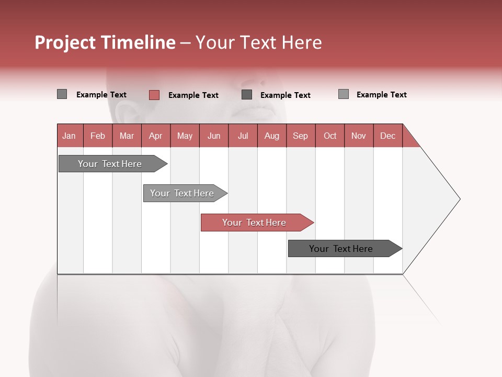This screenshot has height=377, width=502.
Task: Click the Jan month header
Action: (69, 136)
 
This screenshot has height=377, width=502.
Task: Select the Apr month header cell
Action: (155, 136)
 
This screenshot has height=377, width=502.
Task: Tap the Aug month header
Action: (271, 136)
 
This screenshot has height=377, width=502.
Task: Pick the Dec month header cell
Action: (387, 136)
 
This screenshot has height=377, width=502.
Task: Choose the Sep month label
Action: (300, 136)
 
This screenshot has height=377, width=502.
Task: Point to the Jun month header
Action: (213, 136)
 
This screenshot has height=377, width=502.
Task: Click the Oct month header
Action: (329, 136)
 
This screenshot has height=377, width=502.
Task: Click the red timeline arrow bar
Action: (256, 223)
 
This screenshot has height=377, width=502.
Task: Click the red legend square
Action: (154, 95)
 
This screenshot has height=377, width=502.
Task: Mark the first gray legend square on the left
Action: (62, 94)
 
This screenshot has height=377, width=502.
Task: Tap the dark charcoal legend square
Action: (247, 95)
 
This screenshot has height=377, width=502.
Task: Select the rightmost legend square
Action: (343, 94)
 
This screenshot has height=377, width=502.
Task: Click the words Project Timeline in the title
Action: (105, 42)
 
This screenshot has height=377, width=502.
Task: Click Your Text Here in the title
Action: (258, 42)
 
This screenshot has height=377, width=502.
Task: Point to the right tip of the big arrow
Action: (459, 199)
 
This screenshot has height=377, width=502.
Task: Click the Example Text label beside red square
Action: (193, 95)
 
